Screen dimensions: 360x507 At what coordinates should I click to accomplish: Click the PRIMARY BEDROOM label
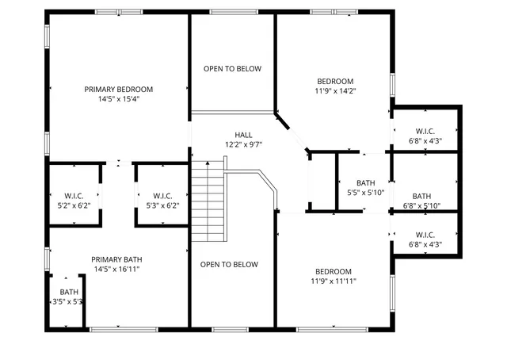click(x=119, y=90)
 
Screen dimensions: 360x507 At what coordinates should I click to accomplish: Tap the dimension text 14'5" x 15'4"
click(x=119, y=100)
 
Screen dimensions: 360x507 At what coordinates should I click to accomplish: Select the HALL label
click(x=243, y=135)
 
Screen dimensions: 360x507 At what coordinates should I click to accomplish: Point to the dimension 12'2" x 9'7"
click(x=243, y=145)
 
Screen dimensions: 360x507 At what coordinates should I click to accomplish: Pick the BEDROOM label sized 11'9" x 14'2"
click(x=335, y=81)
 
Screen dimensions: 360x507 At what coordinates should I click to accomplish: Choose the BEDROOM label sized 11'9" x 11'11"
click(x=334, y=271)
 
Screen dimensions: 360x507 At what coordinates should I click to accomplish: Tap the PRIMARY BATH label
click(x=116, y=259)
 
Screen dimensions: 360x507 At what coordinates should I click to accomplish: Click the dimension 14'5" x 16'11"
click(x=116, y=270)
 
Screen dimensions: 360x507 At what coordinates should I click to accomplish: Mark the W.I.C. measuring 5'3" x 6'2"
click(x=162, y=196)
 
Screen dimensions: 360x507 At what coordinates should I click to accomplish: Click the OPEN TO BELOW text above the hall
click(x=232, y=69)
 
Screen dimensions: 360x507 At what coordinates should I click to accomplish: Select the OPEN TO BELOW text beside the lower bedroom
click(x=229, y=265)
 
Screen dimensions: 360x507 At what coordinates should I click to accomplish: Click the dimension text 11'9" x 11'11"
click(x=334, y=281)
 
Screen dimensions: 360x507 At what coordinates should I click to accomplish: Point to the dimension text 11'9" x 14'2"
click(x=335, y=91)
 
